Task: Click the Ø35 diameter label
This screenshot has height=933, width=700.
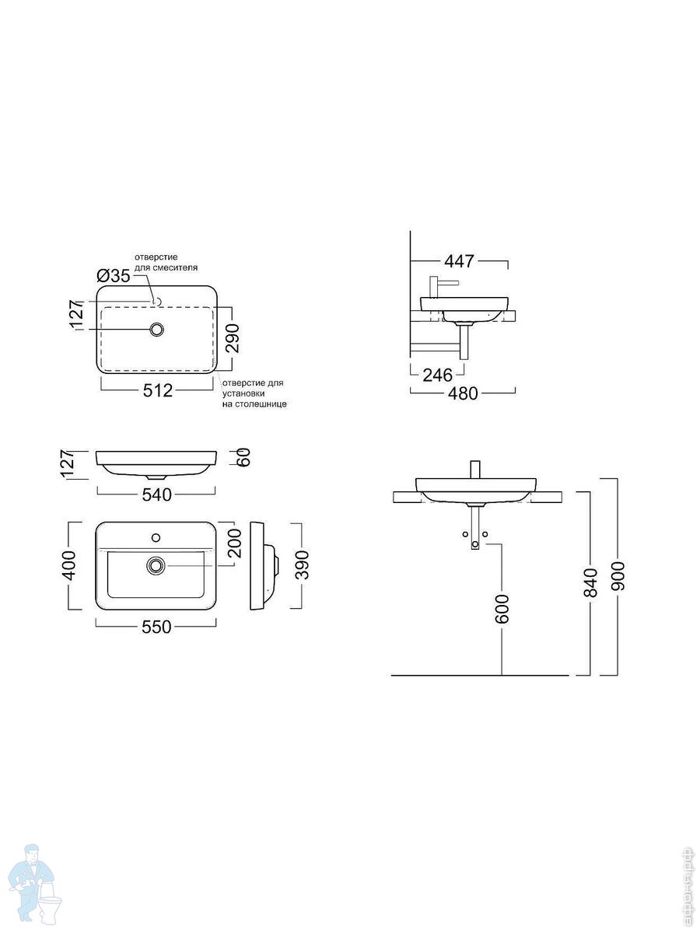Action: [114, 276]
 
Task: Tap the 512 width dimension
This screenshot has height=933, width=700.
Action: [158, 390]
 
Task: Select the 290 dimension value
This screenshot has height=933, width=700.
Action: [233, 338]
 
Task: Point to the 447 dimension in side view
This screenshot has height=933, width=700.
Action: [459, 261]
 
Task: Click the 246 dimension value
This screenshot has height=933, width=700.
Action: [438, 375]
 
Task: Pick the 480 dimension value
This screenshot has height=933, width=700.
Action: [464, 393]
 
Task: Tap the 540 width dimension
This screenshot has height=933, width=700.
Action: [157, 494]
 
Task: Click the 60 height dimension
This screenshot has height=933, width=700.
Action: [244, 458]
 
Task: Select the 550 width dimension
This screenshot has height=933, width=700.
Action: [156, 627]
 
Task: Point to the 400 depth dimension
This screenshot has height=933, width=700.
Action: [69, 566]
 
